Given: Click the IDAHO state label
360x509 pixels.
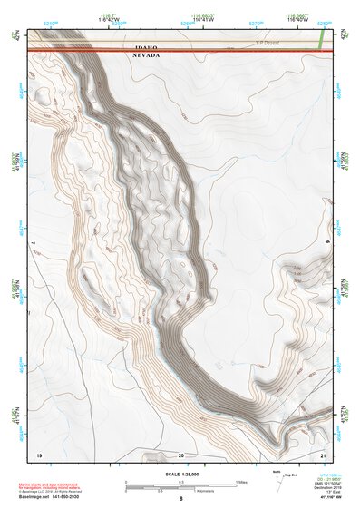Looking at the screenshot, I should [145, 47].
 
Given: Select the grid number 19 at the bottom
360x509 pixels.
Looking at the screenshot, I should [39, 453].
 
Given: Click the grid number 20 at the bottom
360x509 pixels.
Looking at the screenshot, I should [181, 453].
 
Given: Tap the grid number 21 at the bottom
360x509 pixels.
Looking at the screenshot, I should [323, 453].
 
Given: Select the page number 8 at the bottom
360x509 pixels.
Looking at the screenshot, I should [180, 500].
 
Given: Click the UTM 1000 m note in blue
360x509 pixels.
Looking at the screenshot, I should [325, 475].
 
